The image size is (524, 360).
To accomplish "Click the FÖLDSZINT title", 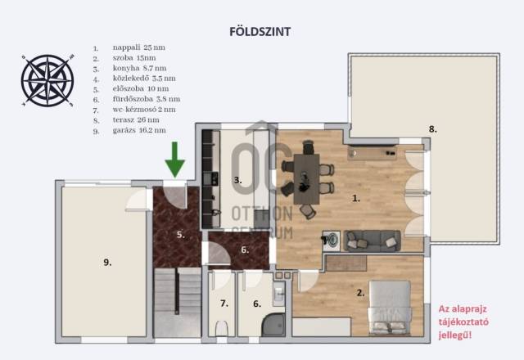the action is (x=260, y=32).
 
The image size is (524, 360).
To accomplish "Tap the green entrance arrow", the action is (x=174, y=160).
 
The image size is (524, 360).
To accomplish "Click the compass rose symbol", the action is (x=47, y=80).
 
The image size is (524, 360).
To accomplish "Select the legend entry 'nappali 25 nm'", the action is (x=138, y=47).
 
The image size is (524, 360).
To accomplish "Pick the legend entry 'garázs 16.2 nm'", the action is (x=139, y=130).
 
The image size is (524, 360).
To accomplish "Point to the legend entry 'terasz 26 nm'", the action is (x=136, y=120).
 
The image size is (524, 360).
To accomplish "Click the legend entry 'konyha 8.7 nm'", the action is (x=139, y=68).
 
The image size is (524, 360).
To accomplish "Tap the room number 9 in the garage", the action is (x=107, y=263).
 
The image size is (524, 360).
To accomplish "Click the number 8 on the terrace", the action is (x=433, y=129).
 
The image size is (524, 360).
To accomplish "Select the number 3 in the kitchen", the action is (x=237, y=180).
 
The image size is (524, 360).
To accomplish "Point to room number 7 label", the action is (x=224, y=304).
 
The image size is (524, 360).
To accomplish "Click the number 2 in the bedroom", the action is (x=360, y=293).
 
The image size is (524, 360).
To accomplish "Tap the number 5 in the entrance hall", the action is (x=180, y=235).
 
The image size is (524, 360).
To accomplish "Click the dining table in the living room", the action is (x=306, y=179).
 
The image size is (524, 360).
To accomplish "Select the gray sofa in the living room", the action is (x=372, y=241).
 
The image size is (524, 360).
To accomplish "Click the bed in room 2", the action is (x=390, y=308).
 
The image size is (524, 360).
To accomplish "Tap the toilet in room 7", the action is (x=221, y=328).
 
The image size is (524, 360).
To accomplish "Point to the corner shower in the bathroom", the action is (x=273, y=325).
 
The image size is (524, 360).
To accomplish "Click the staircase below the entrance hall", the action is (x=177, y=302).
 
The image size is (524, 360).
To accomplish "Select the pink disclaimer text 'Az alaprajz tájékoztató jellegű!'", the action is (x=463, y=322).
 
